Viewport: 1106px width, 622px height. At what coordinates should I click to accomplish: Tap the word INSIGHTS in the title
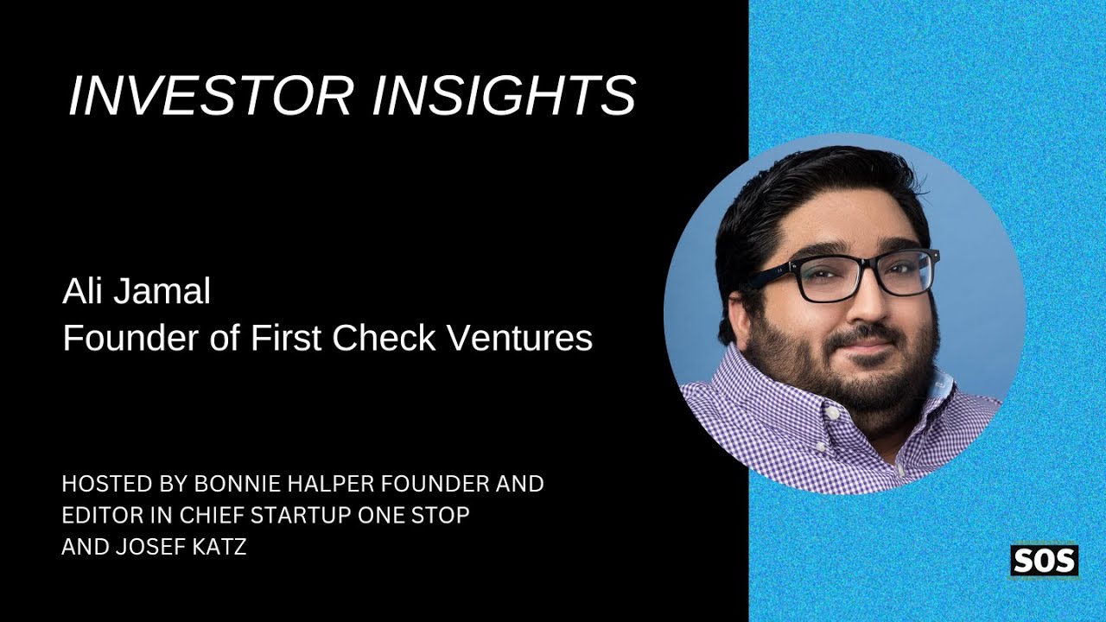pos(504,95)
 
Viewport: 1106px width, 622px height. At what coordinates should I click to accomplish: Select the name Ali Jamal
pos(137,292)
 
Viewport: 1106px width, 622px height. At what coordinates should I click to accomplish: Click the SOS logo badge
pos(1044,562)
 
